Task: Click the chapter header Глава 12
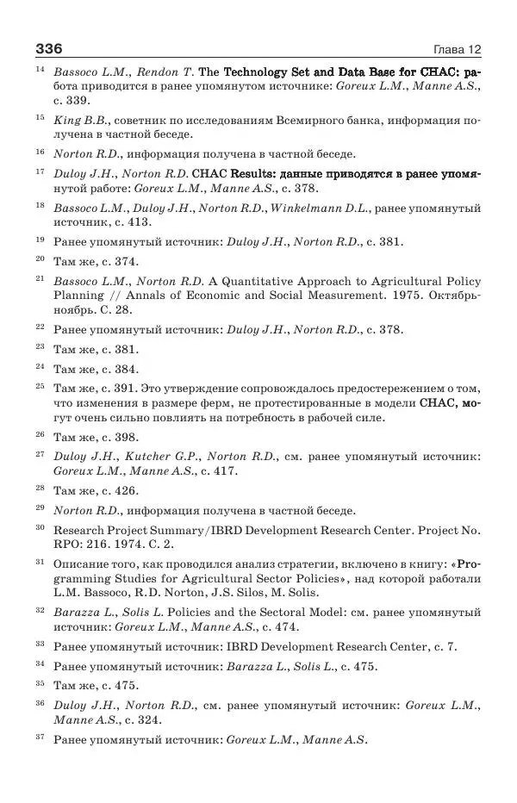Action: click(x=456, y=49)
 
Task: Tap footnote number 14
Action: click(x=40, y=68)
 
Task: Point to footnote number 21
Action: click(x=40, y=278)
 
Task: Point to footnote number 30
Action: click(x=40, y=525)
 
